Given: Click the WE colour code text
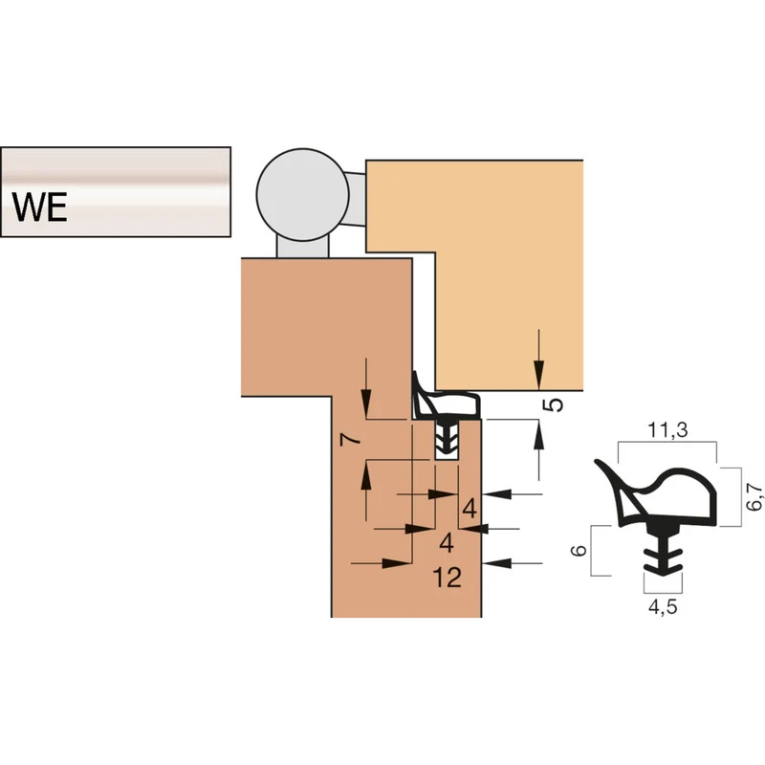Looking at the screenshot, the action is tap(40, 207).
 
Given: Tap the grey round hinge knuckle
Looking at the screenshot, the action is tap(302, 195).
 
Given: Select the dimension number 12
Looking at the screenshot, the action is tap(447, 578).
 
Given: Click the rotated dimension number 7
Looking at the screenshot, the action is tap(351, 440).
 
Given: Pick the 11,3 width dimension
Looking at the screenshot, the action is tap(667, 429).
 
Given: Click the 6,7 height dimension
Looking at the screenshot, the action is tap(754, 496).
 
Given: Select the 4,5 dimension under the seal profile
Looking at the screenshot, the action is tap(663, 606).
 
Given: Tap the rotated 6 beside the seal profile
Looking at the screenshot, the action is tap(579, 551).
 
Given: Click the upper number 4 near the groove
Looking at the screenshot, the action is tap(470, 509).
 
